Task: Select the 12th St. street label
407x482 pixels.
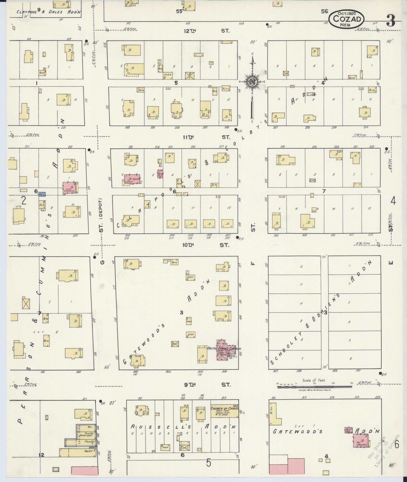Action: pos(207,31)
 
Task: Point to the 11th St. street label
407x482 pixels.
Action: pos(207,137)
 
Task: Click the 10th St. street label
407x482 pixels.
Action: pos(207,245)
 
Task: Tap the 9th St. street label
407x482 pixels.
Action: pos(207,384)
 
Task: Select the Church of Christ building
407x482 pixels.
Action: pos(224,412)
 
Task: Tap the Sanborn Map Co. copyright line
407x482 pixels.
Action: pos(315,390)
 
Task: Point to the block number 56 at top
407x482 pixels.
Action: pos(324,11)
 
